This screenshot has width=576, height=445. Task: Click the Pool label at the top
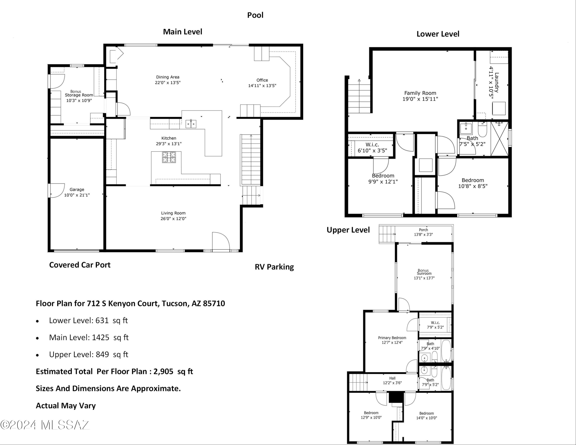[255, 15]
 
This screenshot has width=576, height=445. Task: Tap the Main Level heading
[183, 32]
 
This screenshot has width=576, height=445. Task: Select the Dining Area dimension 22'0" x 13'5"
[168, 83]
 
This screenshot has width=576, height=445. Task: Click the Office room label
[262, 80]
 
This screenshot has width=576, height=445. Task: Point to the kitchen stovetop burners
[169, 157]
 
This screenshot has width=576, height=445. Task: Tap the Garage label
[77, 189]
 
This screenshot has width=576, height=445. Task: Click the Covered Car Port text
[80, 265]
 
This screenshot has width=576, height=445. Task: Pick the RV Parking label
[274, 267]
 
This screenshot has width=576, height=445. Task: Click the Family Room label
[420, 93]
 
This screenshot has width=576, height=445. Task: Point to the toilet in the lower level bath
[482, 129]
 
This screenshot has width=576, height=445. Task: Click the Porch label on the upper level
[423, 230]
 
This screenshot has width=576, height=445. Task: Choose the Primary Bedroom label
[392, 338]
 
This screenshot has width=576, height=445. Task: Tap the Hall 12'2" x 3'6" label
[392, 380]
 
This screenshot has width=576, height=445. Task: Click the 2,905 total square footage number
[163, 371]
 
